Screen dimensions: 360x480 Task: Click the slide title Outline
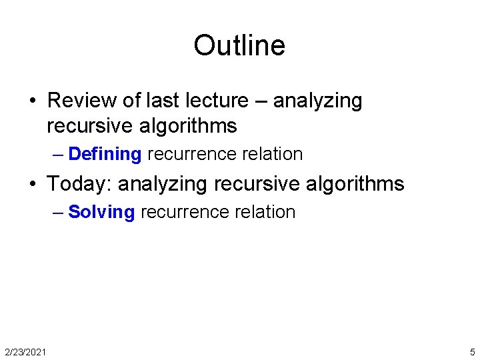tap(239, 45)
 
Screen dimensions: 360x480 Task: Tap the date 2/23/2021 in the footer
tap(25, 351)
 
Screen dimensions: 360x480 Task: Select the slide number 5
tap(472, 351)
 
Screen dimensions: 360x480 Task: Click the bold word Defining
tap(105, 154)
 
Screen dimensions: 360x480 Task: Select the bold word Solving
tap(101, 212)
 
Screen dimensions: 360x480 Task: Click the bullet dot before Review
tap(32, 101)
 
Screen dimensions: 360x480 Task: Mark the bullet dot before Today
tap(32, 184)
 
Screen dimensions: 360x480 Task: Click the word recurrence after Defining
tap(191, 154)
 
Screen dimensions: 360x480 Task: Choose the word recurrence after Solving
tap(185, 212)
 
